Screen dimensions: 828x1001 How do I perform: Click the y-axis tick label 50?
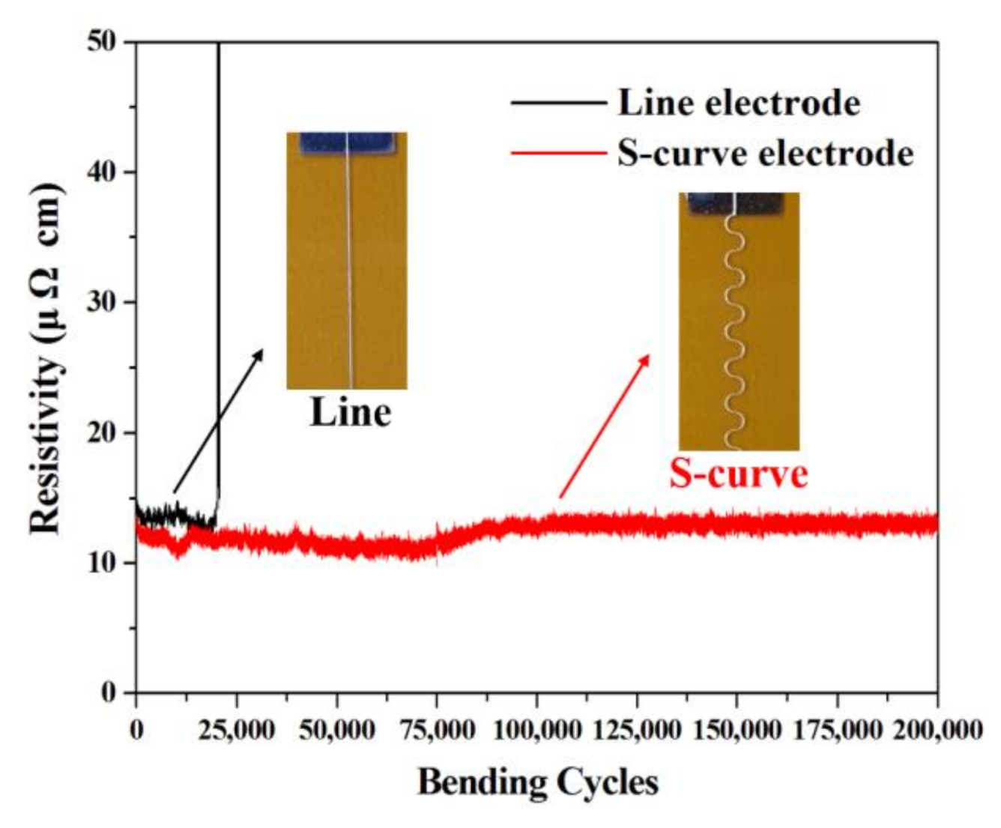pyautogui.click(x=104, y=43)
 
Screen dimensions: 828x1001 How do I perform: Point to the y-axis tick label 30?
pyautogui.click(x=104, y=303)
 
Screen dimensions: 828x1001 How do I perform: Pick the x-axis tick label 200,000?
pyautogui.click(x=937, y=729)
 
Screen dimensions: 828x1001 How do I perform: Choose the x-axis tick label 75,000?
pyautogui.click(x=437, y=729)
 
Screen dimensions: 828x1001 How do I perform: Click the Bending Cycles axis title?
pyautogui.click(x=537, y=782)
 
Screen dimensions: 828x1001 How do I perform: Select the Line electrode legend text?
pyautogui.click(x=738, y=103)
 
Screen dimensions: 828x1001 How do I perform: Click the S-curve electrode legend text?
pyautogui.click(x=765, y=154)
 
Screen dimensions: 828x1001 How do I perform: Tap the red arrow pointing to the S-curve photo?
pyautogui.click(x=604, y=426)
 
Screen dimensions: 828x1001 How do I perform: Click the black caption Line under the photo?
pyautogui.click(x=350, y=413)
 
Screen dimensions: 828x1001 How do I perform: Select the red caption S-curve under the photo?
pyautogui.click(x=738, y=474)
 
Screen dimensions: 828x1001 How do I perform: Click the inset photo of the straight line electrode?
pyautogui.click(x=346, y=260)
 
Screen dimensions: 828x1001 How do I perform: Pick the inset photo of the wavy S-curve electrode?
pyautogui.click(x=739, y=321)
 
